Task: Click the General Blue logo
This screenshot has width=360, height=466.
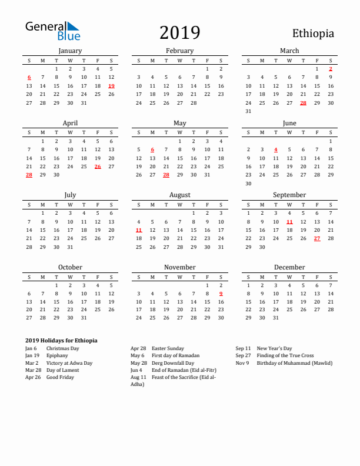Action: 52,31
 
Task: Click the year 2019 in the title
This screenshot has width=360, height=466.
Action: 180,33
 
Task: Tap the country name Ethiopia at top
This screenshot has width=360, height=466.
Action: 313,34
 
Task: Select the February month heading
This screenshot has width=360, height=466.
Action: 179,51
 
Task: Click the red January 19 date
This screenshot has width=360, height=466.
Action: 111,86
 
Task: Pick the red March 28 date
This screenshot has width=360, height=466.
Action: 304,103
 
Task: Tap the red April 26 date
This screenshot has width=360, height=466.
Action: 98,167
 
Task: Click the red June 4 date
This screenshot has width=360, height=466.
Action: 275,149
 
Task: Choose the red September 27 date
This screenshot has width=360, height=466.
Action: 317,238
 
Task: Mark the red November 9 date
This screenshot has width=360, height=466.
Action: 221,294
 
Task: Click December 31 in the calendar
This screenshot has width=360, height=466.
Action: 275,318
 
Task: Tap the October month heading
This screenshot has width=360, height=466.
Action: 70,267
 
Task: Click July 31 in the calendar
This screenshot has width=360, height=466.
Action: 70,247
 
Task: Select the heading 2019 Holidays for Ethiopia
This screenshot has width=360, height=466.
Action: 61,341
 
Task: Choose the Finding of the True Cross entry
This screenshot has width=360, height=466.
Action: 285,356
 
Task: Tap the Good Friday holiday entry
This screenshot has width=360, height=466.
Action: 60,377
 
